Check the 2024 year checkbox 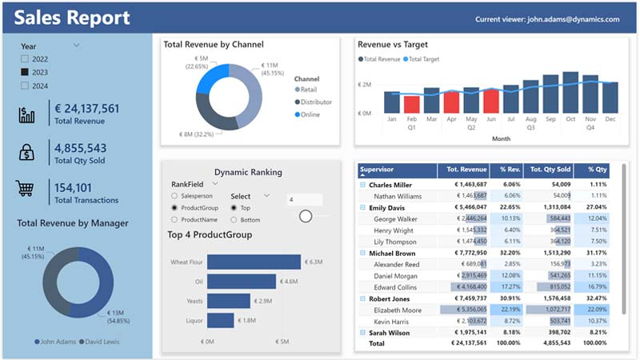point(24,86)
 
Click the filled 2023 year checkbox point(24,72)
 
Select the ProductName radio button point(174,219)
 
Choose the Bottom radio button point(234,219)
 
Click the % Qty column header point(598,170)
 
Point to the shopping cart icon point(26,189)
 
